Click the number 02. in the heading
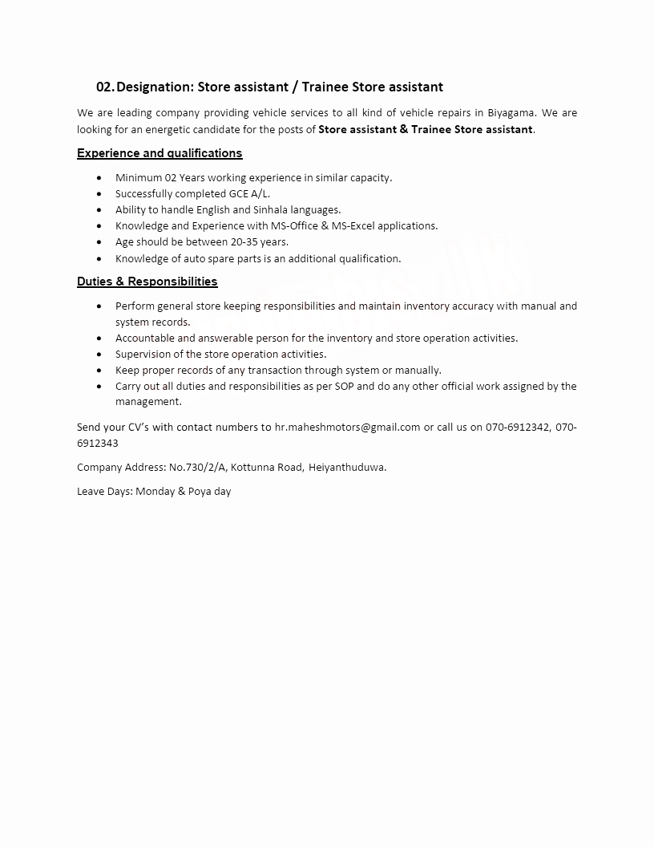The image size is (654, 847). click(105, 87)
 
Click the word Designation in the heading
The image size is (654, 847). click(153, 87)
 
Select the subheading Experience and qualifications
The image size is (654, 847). click(159, 153)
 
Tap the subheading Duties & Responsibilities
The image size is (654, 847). click(147, 282)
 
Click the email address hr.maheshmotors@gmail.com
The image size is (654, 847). click(347, 427)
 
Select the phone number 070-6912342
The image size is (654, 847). click(517, 427)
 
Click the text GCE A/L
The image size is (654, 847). click(249, 194)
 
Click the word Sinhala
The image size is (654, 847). click(271, 210)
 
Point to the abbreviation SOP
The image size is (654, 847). click(366, 387)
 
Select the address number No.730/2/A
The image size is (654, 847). click(197, 467)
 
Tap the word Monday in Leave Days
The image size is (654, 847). click(155, 491)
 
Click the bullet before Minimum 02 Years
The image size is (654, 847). click(99, 178)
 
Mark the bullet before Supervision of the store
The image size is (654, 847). click(99, 355)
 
